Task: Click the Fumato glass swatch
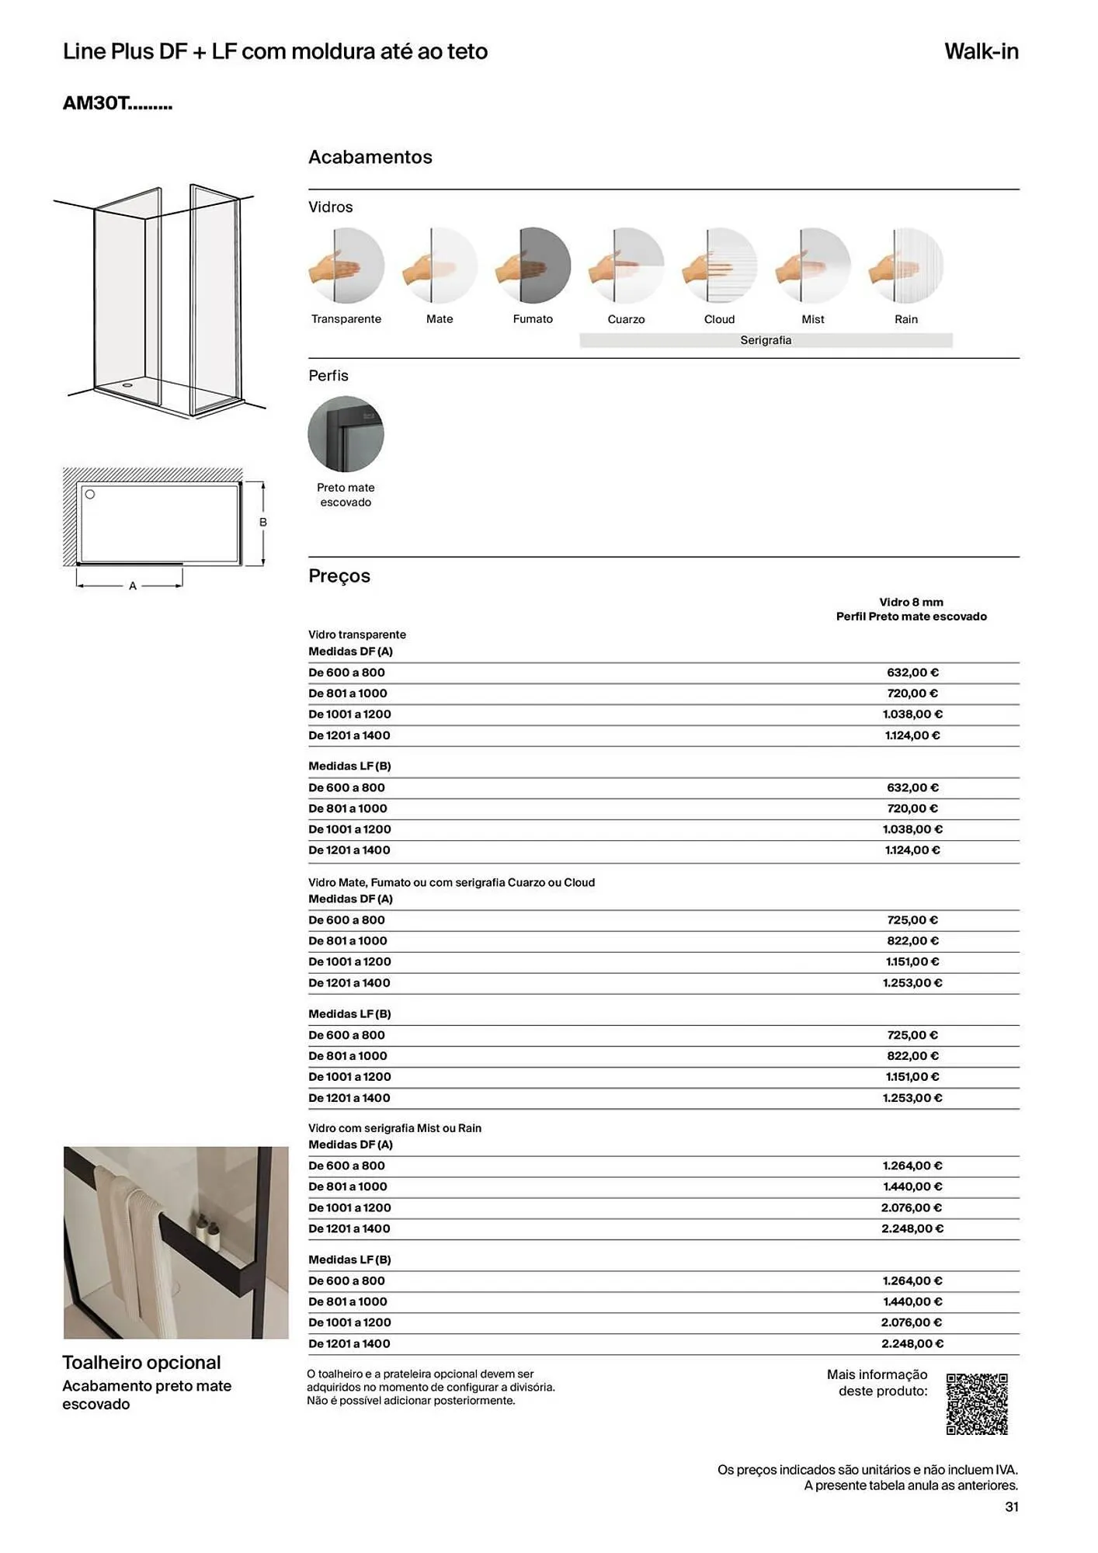point(533,266)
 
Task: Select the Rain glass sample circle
point(906,266)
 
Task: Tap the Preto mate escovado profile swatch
point(346,434)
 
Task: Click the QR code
point(977,1404)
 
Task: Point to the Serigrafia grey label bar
point(766,340)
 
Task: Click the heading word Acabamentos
point(370,157)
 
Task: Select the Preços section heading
point(339,576)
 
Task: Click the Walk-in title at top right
point(981,51)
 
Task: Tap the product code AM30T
point(116,103)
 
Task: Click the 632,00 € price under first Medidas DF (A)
point(912,672)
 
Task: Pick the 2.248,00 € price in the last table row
point(912,1343)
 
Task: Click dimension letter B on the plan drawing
point(263,523)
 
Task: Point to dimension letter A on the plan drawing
point(133,586)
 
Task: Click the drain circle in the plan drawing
point(90,495)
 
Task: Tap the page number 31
point(1011,1507)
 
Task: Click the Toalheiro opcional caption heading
point(141,1363)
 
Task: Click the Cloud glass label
point(719,319)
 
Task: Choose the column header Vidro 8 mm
point(911,602)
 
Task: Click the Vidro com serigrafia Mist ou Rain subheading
point(394,1128)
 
